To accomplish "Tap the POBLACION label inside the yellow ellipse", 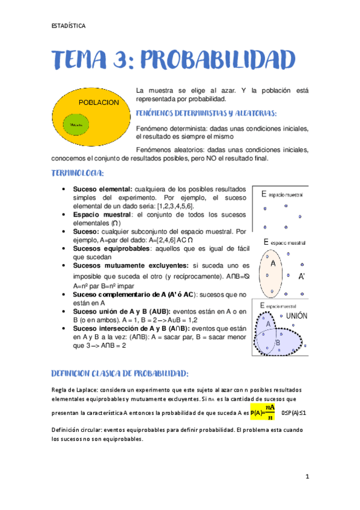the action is (x=99, y=103).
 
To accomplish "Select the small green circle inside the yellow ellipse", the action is (x=76, y=124).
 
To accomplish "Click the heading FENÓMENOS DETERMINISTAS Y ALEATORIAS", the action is (x=206, y=112).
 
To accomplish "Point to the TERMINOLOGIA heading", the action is (x=78, y=173).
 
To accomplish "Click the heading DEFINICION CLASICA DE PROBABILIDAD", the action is (x=120, y=372).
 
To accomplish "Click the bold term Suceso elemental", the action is (x=102, y=189).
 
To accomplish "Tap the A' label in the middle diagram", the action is (x=302, y=277).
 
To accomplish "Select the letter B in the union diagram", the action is (x=278, y=342).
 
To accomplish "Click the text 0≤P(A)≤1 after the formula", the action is (x=294, y=413).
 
